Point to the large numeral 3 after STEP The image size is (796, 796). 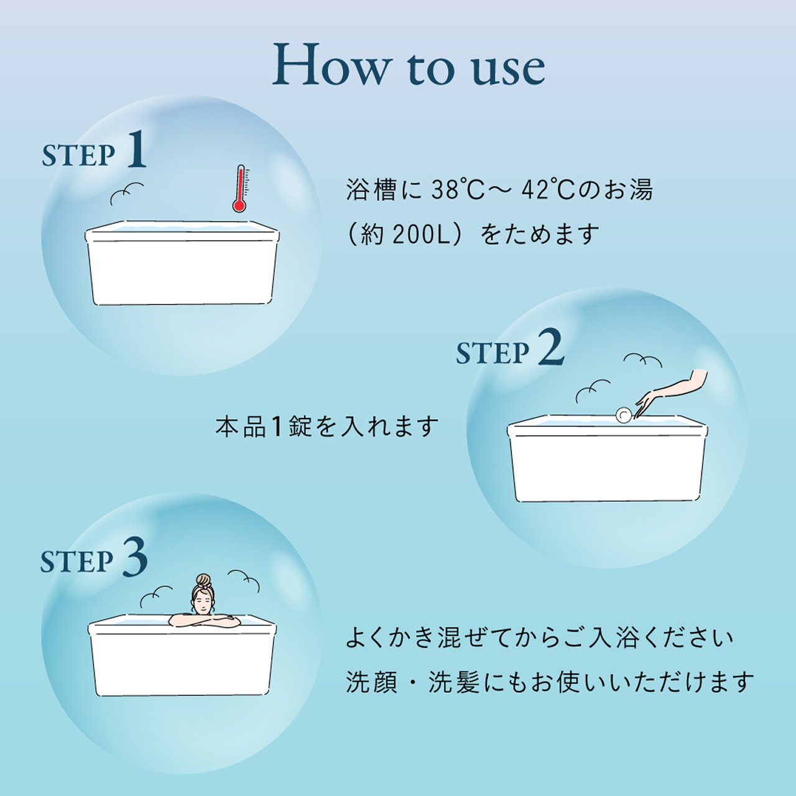[x=135, y=557]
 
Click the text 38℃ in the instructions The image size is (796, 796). [x=458, y=190]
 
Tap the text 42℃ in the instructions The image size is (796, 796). [x=548, y=190]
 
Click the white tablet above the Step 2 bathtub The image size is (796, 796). [x=623, y=415]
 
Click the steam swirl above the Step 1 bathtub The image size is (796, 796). [x=126, y=193]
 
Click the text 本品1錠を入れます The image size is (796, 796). [x=327, y=427]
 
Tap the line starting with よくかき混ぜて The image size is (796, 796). [x=539, y=638]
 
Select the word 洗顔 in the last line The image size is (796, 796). [x=372, y=682]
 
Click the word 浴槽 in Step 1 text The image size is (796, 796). [x=371, y=190]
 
